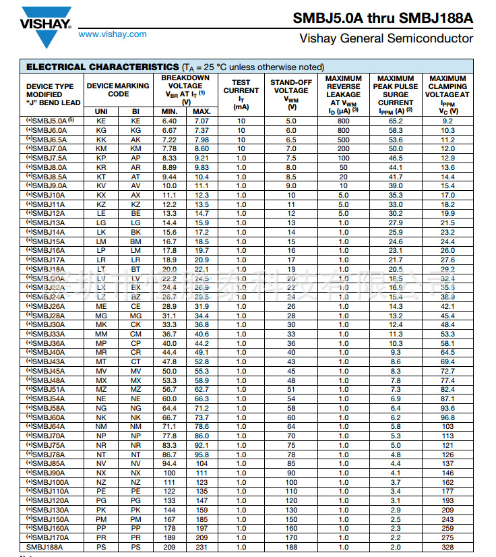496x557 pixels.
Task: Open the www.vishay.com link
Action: tap(113, 34)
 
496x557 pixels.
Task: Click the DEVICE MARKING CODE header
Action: tap(118, 90)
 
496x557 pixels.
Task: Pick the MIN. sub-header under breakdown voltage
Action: tap(169, 111)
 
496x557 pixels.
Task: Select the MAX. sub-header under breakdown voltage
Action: tap(201, 111)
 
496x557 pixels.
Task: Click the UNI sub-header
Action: tap(101, 111)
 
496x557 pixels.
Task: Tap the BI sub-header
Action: tap(135, 111)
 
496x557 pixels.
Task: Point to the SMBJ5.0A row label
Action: tap(51, 121)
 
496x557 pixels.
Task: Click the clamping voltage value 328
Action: tap(447, 547)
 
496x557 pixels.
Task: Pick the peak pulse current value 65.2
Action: tap(396, 121)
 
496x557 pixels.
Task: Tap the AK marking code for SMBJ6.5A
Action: tap(135, 140)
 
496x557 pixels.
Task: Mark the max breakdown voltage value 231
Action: tap(201, 547)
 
